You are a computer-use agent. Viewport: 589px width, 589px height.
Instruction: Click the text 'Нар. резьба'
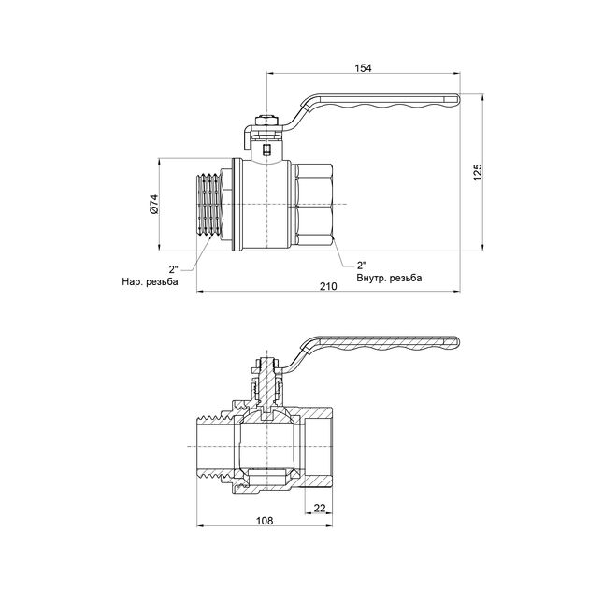coord(149,281)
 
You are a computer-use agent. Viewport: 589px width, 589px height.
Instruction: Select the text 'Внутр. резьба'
coord(389,278)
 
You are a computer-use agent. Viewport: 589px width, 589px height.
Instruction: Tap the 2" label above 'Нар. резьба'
coord(175,267)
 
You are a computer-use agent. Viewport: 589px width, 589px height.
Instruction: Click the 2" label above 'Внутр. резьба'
coord(362,264)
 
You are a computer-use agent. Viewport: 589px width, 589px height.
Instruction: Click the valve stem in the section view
coord(268,383)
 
